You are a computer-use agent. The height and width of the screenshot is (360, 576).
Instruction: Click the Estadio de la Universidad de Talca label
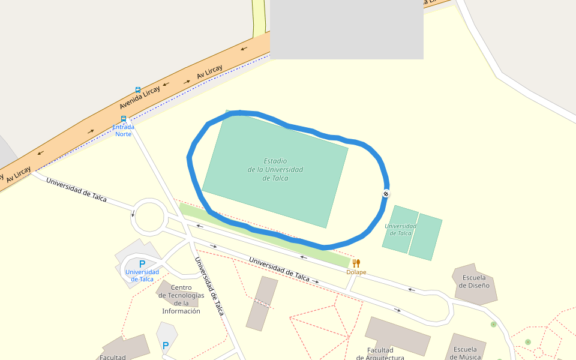coord(275,170)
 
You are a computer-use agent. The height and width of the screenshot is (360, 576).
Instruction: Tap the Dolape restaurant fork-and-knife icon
coord(356,263)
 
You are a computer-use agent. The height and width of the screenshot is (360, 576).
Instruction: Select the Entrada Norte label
coord(124,130)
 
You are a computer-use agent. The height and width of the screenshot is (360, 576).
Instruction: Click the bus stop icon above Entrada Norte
coord(124,119)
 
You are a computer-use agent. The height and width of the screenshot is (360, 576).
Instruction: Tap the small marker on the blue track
coord(386,194)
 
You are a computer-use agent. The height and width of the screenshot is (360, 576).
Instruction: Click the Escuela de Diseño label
coord(474,281)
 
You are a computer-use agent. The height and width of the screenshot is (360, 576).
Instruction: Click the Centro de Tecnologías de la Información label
coord(181,299)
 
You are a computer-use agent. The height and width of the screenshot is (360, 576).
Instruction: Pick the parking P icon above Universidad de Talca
coord(142,264)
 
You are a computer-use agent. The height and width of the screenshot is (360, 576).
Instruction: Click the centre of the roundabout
coord(149,217)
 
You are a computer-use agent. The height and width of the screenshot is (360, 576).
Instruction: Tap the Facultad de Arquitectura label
coord(380,354)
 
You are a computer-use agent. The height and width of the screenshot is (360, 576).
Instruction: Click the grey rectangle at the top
coord(347,29)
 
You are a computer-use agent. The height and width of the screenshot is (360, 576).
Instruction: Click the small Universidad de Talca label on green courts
coord(398,229)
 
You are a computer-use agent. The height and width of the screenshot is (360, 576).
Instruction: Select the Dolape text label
coord(356,272)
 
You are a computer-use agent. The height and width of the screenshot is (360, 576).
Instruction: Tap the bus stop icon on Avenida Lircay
coord(138,89)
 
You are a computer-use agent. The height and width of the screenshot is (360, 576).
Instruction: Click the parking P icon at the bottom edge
coord(166,346)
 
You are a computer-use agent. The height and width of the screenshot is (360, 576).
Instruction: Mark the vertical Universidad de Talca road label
coord(209,286)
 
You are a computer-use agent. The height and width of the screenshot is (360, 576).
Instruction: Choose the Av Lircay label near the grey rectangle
coord(209,73)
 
